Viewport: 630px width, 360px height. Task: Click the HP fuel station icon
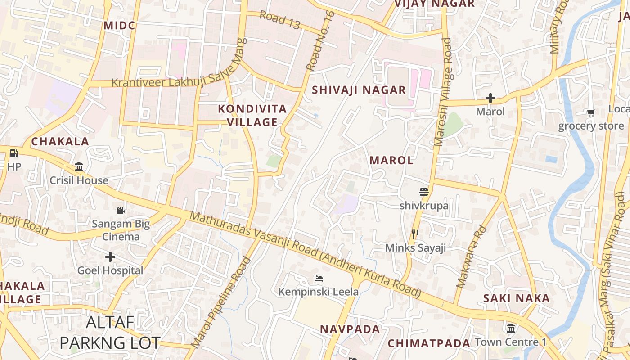pyautogui.click(x=13, y=153)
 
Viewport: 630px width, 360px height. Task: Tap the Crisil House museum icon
pyautogui.click(x=79, y=167)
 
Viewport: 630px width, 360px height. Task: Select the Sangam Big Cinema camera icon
pyautogui.click(x=121, y=210)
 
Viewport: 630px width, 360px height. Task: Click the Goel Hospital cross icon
pyautogui.click(x=110, y=257)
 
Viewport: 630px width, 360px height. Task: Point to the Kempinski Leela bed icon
pyautogui.click(x=319, y=278)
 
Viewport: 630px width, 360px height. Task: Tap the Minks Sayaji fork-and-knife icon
pyautogui.click(x=415, y=234)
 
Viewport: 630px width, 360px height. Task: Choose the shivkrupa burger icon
pyautogui.click(x=423, y=192)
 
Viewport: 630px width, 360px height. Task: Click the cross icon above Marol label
pyautogui.click(x=490, y=98)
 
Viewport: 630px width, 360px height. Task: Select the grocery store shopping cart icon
pyautogui.click(x=591, y=112)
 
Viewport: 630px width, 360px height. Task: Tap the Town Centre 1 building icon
pyautogui.click(x=511, y=328)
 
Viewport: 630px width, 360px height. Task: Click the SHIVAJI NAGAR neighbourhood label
pyautogui.click(x=359, y=90)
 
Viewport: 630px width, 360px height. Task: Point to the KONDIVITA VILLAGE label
pyautogui.click(x=252, y=115)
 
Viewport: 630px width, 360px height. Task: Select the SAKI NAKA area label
pyautogui.click(x=517, y=298)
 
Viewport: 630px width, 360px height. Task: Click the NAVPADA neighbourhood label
pyautogui.click(x=350, y=329)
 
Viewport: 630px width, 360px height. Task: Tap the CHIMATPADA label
pyautogui.click(x=429, y=343)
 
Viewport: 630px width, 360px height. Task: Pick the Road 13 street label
pyautogui.click(x=279, y=20)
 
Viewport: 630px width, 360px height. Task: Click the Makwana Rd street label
pyautogui.click(x=472, y=256)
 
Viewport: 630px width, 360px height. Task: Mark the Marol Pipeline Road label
pyautogui.click(x=221, y=302)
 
